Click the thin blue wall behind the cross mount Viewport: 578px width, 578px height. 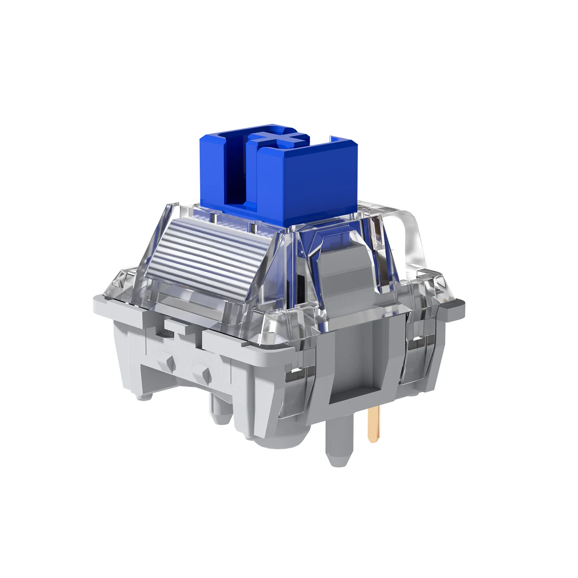336,139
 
